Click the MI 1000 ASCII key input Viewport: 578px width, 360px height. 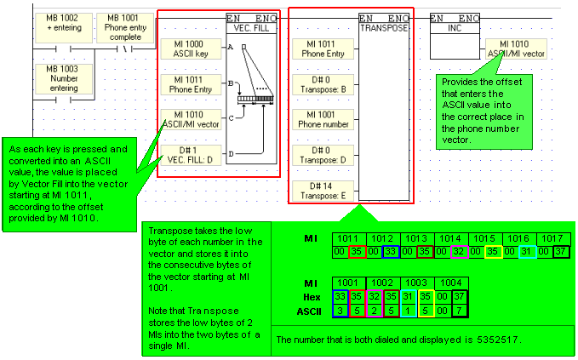(194, 48)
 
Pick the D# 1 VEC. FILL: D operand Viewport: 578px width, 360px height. (194, 156)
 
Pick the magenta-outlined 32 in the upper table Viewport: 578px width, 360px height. (460, 252)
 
